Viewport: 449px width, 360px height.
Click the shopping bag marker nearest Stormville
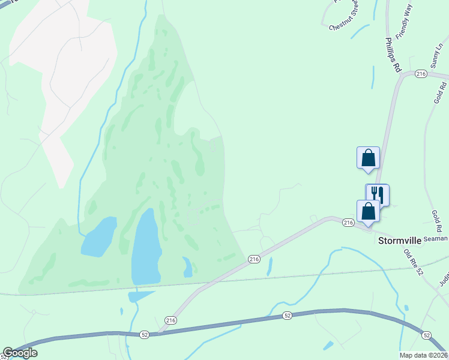click(x=368, y=211)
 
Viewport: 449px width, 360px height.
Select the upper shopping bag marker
click(x=368, y=158)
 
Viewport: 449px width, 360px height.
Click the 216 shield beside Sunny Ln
click(x=420, y=74)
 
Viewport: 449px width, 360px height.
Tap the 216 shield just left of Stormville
click(x=349, y=223)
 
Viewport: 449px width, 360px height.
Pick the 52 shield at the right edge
click(x=426, y=334)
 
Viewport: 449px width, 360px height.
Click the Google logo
click(x=20, y=353)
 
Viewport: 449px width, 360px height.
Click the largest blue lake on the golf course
click(x=146, y=247)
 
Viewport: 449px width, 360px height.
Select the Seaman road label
click(x=435, y=239)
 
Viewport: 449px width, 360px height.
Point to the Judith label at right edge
click(x=444, y=273)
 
